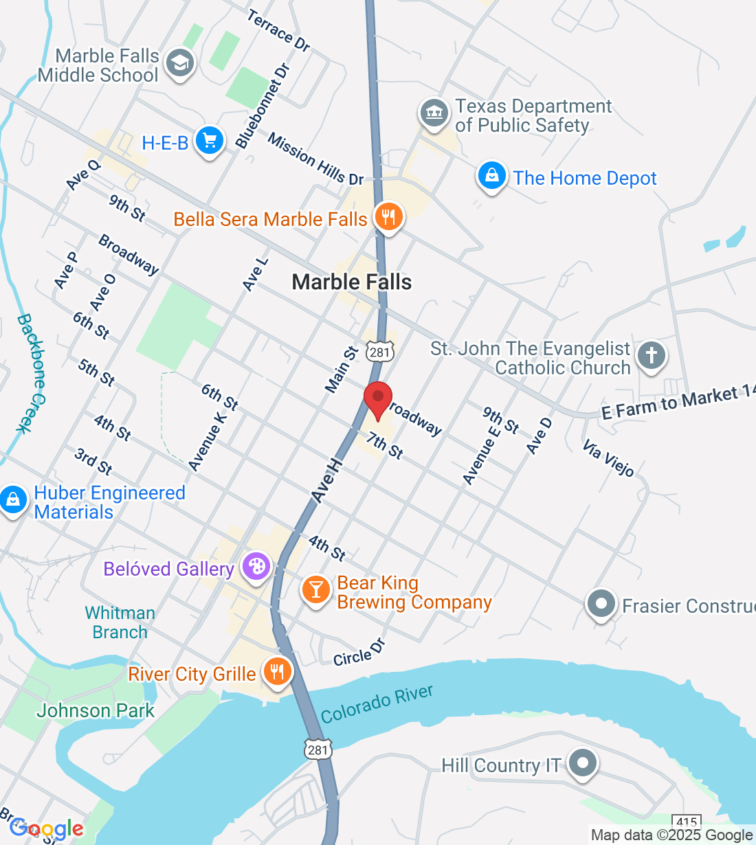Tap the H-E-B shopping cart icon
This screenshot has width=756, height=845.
210,141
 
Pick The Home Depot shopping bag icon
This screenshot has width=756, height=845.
492,176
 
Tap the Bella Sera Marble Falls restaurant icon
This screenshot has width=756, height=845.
388,217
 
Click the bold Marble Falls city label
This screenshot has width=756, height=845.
351,282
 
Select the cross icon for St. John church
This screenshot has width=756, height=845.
652,356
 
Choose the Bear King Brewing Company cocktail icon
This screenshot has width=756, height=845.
316,589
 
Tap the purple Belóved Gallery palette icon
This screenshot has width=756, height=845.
256,567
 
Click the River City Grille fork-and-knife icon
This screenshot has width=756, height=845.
277,672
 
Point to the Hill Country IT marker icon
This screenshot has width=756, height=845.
583,763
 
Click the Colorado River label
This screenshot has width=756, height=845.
377,704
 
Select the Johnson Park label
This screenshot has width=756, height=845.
96,710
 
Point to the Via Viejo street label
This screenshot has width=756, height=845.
608,458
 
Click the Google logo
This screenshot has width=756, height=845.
47,829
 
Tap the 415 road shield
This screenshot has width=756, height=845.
687,822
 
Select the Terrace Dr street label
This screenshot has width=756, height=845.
278,30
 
